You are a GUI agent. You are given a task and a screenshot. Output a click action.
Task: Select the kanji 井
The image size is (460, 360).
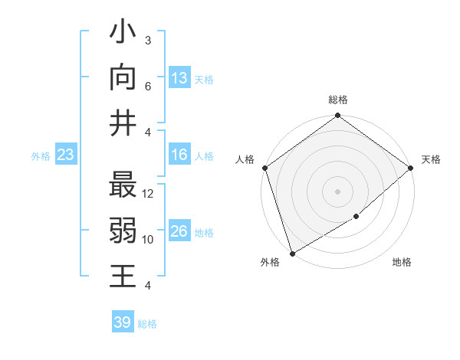pos(123,123)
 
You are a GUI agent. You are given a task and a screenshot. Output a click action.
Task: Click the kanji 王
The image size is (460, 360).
pos(123,276)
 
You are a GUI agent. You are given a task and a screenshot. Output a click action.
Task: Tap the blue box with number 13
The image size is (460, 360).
pos(179,77)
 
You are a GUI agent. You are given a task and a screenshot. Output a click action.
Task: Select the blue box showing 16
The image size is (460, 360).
pos(179,155)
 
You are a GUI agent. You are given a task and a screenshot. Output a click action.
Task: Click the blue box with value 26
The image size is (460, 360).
pos(179,231)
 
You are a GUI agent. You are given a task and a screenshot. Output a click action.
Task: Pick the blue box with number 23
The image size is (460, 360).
pos(65,155)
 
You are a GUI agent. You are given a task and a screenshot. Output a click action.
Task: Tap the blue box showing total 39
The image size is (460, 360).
pos(122,322)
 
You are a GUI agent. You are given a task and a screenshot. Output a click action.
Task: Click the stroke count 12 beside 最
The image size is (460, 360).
pos(149,194)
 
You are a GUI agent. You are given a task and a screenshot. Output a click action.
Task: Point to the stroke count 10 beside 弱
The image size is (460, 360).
pos(149,240)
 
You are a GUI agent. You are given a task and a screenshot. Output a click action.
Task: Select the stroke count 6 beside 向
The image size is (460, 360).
pos(149,87)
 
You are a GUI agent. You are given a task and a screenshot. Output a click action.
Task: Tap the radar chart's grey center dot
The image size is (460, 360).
pos(337,191)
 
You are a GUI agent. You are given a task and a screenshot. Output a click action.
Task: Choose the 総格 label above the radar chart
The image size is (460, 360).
pos(338,100)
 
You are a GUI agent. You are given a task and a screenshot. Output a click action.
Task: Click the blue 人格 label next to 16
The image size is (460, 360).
pos(204,156)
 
